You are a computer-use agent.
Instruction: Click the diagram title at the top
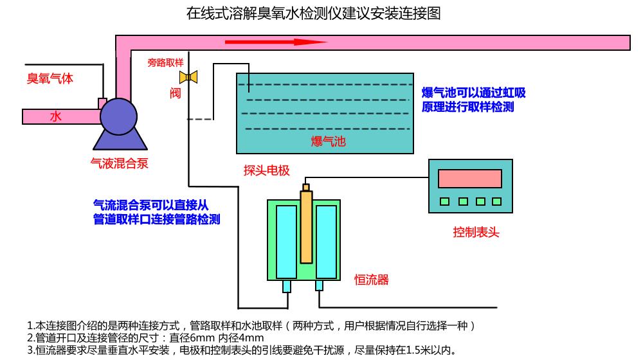(x=313, y=14)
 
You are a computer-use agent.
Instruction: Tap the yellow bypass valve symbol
(x=188, y=77)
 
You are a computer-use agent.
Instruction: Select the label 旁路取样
(x=165, y=63)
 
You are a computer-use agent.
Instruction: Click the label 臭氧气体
(x=50, y=78)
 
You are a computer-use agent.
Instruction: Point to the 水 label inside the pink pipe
(x=56, y=116)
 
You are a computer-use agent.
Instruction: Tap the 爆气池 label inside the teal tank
(x=328, y=141)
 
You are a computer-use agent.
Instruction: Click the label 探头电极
(x=266, y=170)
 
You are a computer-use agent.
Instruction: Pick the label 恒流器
(x=372, y=280)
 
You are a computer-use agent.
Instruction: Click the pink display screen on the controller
(x=469, y=178)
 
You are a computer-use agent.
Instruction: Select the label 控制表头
(x=476, y=232)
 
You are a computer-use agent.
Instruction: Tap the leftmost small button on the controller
(x=444, y=201)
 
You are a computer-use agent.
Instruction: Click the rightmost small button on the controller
(x=496, y=201)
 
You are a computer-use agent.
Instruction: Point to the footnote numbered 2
(x=145, y=337)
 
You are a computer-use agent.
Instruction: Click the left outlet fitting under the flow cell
(x=286, y=286)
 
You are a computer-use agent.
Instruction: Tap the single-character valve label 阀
(x=175, y=94)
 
